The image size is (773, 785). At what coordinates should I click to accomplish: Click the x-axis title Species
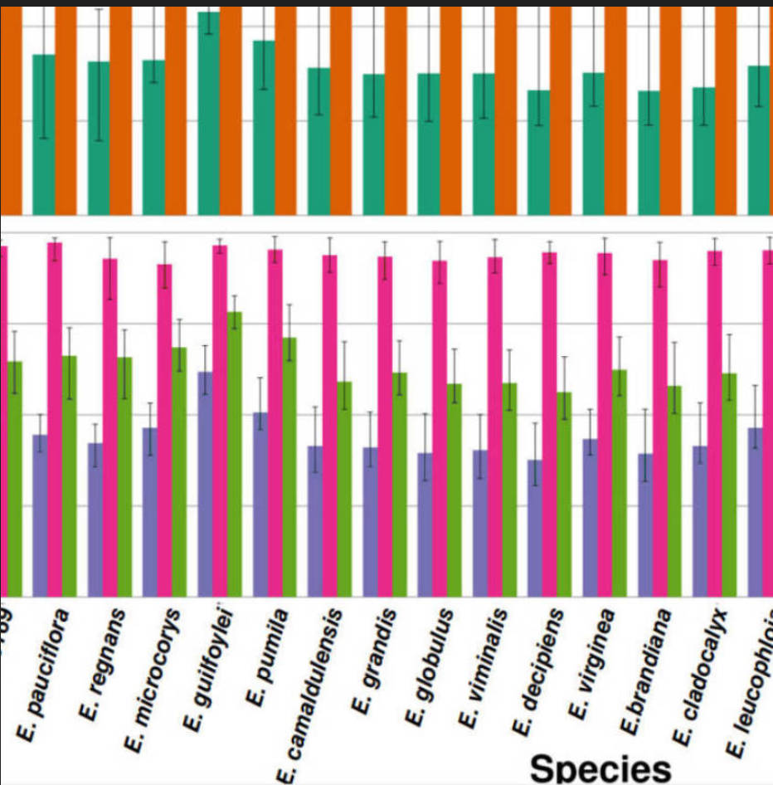[600, 764]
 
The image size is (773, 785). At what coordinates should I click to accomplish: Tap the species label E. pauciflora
[44, 672]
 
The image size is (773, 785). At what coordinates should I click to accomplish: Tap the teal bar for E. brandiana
[649, 153]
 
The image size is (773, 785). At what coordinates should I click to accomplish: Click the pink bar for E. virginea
[605, 423]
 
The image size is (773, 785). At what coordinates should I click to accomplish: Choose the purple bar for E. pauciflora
[40, 514]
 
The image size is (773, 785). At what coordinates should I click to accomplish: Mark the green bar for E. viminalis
[509, 489]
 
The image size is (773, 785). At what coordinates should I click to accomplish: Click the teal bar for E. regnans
[99, 138]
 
